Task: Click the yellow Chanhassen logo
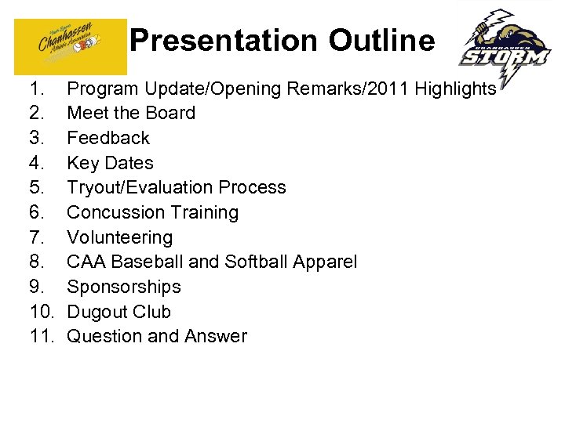[x=71, y=45]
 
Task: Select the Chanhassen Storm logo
[x=505, y=49]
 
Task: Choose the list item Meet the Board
[x=131, y=113]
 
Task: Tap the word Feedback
[x=108, y=138]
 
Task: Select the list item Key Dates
[x=110, y=163]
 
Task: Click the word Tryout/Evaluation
[x=140, y=188]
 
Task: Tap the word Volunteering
[x=119, y=237]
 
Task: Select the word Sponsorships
[x=124, y=287]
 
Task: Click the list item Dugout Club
[x=118, y=312]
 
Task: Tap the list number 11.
[x=40, y=337]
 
